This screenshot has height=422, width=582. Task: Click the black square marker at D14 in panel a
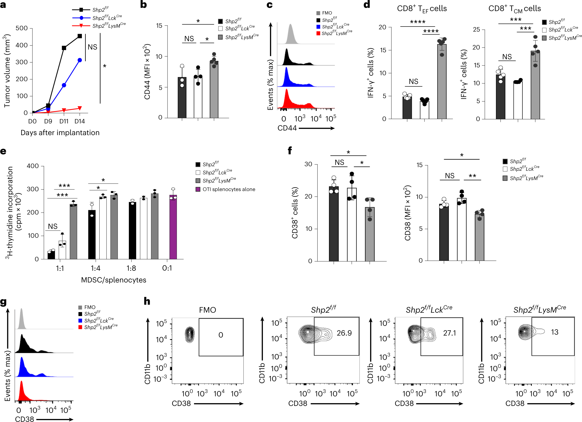point(80,36)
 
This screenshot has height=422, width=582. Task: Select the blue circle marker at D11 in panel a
point(64,85)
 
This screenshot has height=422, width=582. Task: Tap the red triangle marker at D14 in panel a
point(80,108)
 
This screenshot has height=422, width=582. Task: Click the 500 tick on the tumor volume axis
point(21,28)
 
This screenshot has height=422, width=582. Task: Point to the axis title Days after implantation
point(60,133)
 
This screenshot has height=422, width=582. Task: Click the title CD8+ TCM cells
point(514,9)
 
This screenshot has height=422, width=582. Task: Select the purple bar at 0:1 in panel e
point(173,228)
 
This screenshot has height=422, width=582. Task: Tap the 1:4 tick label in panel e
point(96,268)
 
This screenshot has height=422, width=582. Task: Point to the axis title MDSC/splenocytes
point(114,280)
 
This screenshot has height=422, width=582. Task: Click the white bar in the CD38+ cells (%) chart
point(352,225)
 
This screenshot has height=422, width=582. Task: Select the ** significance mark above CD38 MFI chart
point(472,176)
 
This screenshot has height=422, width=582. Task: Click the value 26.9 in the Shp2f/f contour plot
point(344,333)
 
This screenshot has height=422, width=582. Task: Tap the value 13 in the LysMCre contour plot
point(555,332)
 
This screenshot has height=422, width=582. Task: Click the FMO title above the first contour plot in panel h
point(208,310)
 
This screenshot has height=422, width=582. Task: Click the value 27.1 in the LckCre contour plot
point(449,333)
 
